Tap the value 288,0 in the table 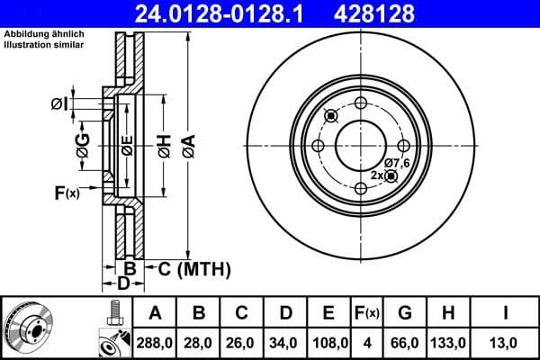tap(155, 343)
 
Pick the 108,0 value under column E tap(329, 343)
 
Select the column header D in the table tap(285, 313)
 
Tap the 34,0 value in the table tap(285, 343)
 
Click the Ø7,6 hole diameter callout tap(396, 162)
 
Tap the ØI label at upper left tap(59, 104)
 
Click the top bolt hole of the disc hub tap(361, 103)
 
